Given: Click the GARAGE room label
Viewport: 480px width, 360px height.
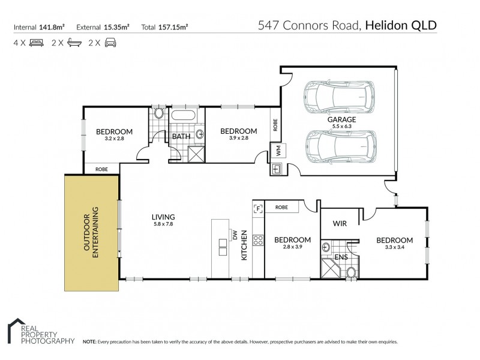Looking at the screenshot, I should click(341, 119).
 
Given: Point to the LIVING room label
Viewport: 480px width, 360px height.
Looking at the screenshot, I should click(163, 217).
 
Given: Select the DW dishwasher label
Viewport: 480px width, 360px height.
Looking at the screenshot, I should click(235, 236).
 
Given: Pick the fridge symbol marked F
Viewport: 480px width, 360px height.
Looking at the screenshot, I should click(259, 209).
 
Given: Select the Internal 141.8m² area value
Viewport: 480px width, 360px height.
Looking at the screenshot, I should click(52, 26).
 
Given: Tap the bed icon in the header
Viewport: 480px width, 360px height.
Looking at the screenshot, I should click(36, 43).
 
